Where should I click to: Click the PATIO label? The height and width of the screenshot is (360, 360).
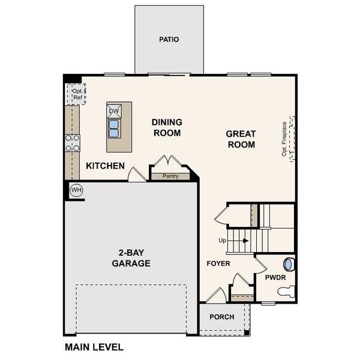[x=169, y=40]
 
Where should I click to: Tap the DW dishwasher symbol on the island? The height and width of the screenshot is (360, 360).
[x=114, y=111]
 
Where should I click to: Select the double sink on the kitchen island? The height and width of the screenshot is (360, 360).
[x=114, y=128]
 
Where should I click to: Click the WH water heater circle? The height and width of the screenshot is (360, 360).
[x=76, y=190]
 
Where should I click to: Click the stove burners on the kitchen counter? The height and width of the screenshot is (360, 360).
[x=73, y=142]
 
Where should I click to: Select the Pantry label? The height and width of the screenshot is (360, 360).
[x=170, y=176]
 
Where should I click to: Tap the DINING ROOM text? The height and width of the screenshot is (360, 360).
[x=167, y=127]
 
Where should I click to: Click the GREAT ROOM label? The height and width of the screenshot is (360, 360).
[x=241, y=139]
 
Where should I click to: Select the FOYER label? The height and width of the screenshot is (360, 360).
[x=218, y=263]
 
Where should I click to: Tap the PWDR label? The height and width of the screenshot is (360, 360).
[x=275, y=277]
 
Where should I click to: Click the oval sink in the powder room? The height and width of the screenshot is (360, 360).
[x=288, y=264]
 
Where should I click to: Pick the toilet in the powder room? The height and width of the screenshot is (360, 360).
[x=287, y=292]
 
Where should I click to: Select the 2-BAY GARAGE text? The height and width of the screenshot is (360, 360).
[x=131, y=257]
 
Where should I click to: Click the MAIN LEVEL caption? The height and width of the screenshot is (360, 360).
[x=94, y=347]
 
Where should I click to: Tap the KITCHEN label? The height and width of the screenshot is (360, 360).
[x=105, y=166]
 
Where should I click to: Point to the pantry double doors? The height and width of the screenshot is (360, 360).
[x=167, y=162]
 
